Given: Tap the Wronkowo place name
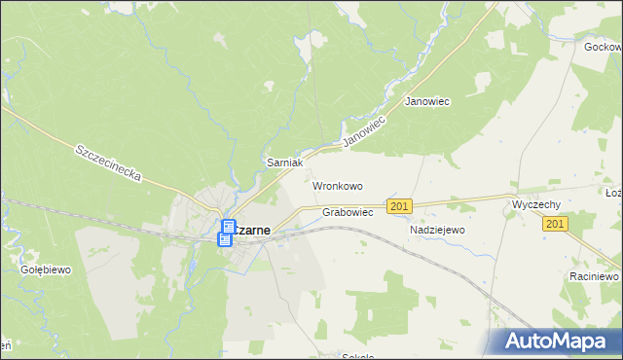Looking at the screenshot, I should pyautogui.click(x=338, y=185).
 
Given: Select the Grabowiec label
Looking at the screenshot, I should pyautogui.click(x=348, y=212).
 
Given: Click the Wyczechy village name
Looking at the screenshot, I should pyautogui.click(x=535, y=205).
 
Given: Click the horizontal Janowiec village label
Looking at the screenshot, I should pyautogui.click(x=426, y=101).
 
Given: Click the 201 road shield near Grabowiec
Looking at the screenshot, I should pyautogui.click(x=399, y=206).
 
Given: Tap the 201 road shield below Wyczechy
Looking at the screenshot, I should pyautogui.click(x=555, y=225).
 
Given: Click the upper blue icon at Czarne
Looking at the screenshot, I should pyautogui.click(x=228, y=227).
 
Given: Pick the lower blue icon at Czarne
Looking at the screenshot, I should pyautogui.click(x=225, y=238).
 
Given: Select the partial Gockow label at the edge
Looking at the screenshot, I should pyautogui.click(x=603, y=47).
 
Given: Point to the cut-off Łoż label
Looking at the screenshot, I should pyautogui.click(x=613, y=194).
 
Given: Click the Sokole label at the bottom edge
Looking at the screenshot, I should pyautogui.click(x=358, y=356).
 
